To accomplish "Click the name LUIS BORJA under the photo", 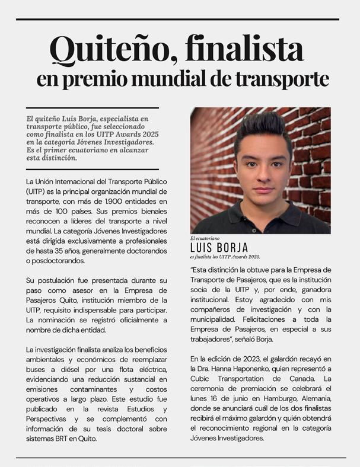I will pos(219,247).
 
